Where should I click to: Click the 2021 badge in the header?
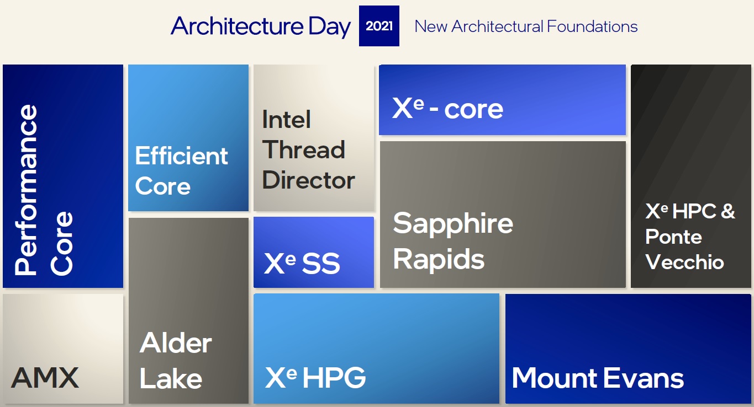[x=379, y=26]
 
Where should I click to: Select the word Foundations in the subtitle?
[x=592, y=26]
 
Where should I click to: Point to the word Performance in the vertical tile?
[x=26, y=190]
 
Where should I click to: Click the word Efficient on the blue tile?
[x=181, y=156]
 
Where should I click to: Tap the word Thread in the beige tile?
[x=304, y=149]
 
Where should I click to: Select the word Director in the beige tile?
[x=308, y=179]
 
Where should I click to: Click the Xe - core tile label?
[x=447, y=108]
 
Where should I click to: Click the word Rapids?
[x=439, y=259]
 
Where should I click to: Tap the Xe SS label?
[x=302, y=263]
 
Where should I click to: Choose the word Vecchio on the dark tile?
[x=684, y=262]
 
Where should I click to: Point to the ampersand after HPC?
[x=728, y=211]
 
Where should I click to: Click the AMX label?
[x=45, y=378]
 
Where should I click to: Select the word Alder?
[x=176, y=342]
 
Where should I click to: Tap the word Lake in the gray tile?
[x=171, y=378]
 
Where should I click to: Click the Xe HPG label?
[x=315, y=377]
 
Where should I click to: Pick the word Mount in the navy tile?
[x=555, y=378]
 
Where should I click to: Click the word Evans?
[x=644, y=378]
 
